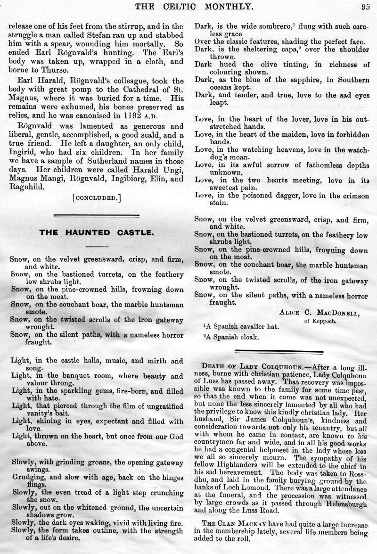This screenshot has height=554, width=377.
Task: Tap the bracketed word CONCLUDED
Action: point(97,198)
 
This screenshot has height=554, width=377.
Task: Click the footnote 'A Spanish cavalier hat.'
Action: point(240,327)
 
